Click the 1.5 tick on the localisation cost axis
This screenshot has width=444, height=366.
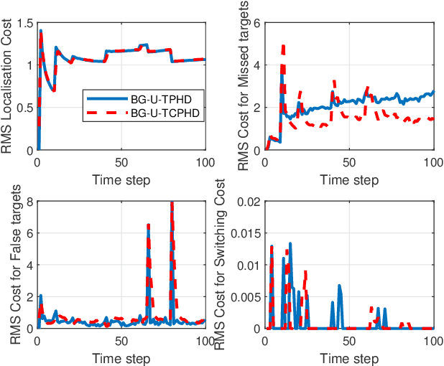point(26,23)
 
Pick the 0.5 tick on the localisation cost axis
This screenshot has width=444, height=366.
point(26,108)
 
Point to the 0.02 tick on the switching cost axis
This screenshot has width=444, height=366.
point(249,202)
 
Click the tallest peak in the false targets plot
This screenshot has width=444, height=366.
point(172,204)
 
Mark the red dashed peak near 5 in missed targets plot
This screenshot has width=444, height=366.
point(283,47)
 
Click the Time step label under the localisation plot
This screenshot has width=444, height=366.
point(121,179)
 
